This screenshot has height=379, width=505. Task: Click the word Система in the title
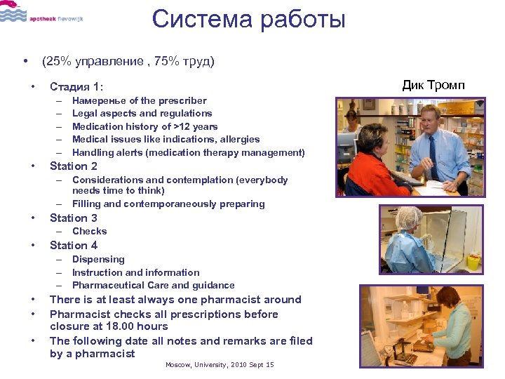[203, 19]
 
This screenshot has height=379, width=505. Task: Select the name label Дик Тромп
[433, 86]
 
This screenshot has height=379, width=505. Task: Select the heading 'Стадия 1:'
[76, 87]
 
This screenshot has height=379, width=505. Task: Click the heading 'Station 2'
[74, 166]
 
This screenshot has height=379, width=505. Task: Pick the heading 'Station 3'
[74, 218]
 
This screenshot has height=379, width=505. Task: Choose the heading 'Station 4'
[74, 245]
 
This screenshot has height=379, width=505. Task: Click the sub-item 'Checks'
[90, 231]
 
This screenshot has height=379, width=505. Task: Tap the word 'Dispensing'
[98, 259]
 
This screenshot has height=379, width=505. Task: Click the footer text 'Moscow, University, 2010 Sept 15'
[220, 365]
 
